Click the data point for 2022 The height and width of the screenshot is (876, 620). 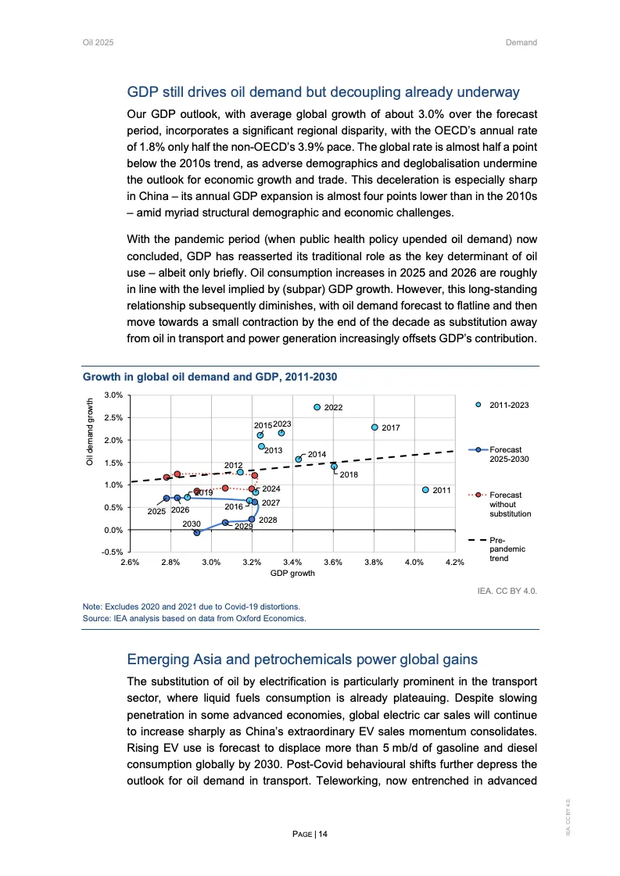[317, 407]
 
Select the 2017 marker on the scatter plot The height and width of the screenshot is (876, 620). [375, 427]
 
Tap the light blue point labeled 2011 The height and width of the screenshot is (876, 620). [425, 490]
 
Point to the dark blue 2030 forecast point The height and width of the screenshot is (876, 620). [197, 532]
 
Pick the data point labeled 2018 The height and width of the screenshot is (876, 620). [334, 467]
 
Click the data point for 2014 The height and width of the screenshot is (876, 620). [298, 459]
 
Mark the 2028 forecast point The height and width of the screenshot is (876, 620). [252, 519]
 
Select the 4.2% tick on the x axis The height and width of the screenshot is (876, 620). [454, 563]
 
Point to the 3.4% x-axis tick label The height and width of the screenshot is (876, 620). [292, 563]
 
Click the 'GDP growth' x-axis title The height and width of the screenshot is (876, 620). [292, 574]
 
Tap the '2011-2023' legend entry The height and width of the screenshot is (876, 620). [509, 405]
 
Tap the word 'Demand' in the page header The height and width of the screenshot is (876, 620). [521, 42]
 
